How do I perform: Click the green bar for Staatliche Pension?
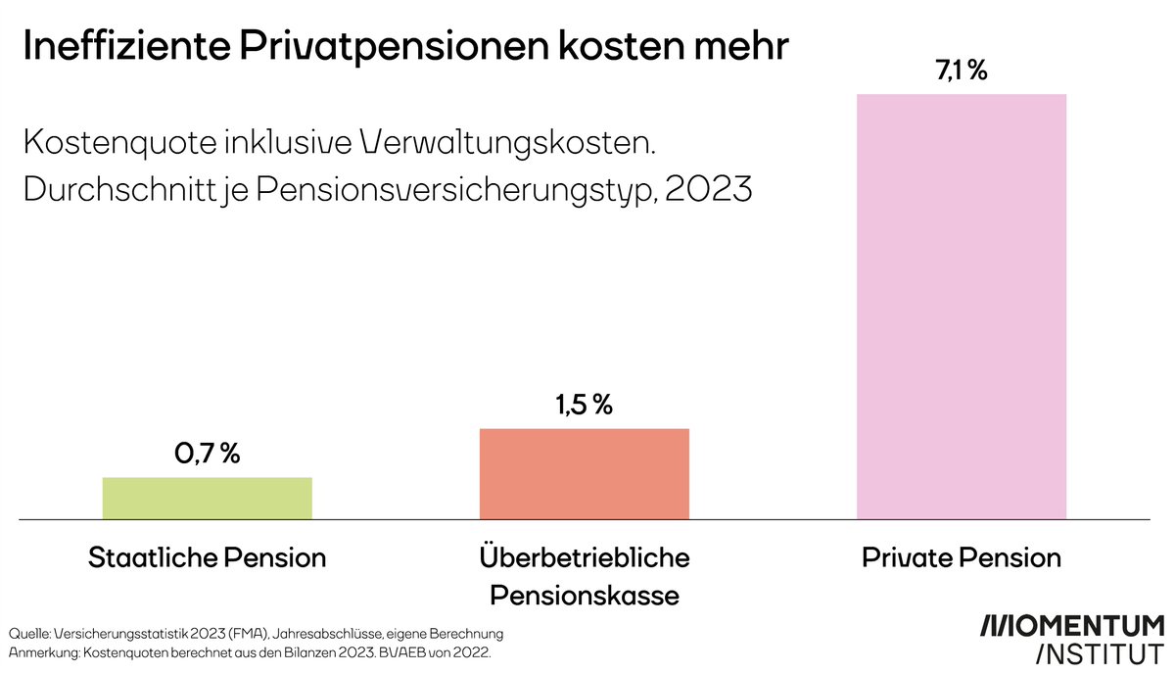tap(208, 498)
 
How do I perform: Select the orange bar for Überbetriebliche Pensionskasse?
tap(585, 473)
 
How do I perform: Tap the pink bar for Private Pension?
tap(962, 306)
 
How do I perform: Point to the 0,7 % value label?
tap(207, 455)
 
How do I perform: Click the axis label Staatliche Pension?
tap(208, 558)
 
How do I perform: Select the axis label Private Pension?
tap(962, 558)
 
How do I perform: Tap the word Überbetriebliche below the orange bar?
tap(585, 558)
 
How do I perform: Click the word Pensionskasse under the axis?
tap(585, 595)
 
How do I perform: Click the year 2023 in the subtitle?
tap(708, 189)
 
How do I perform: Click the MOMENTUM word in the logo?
tap(1073, 627)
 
